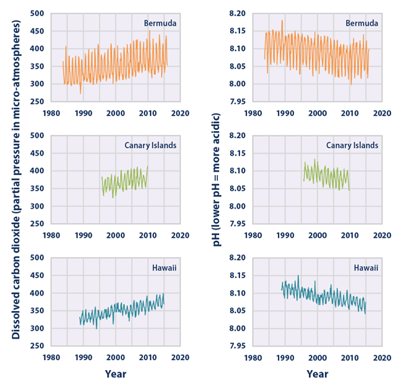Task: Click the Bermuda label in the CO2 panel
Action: pyautogui.click(x=159, y=24)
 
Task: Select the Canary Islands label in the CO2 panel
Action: pyautogui.click(x=147, y=145)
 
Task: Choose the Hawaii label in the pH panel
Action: pyautogui.click(x=364, y=268)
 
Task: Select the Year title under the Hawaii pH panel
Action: pyautogui.click(x=318, y=372)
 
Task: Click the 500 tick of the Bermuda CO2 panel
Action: pyautogui.click(x=38, y=13)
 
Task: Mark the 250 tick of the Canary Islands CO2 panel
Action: pyautogui.click(x=38, y=223)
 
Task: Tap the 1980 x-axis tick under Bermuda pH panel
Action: pyautogui.click(x=253, y=113)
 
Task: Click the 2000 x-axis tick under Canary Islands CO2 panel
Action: pyautogui.click(x=115, y=236)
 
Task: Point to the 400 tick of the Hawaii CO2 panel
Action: pyautogui.click(x=38, y=293)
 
